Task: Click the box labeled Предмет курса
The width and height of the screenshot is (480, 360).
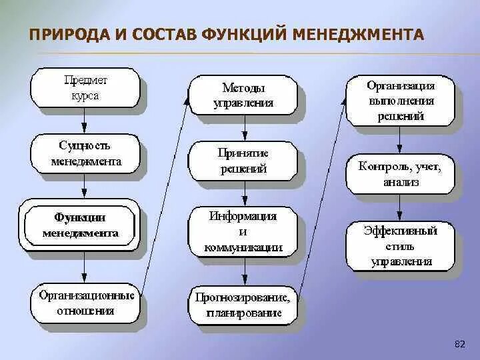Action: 85,87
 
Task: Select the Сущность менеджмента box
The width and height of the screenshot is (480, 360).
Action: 85,153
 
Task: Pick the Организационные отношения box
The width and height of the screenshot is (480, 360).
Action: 85,303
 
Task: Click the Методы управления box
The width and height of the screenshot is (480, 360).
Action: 243,96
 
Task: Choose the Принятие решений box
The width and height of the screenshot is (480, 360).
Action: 243,161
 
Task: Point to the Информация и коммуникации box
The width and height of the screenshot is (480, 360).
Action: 243,232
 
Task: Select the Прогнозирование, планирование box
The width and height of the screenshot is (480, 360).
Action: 243,305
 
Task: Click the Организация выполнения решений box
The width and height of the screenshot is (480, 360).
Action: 400,101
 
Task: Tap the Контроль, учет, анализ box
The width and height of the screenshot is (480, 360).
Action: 400,173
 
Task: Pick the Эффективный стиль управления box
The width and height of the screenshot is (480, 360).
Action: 400,245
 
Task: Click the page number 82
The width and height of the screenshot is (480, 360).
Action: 459,344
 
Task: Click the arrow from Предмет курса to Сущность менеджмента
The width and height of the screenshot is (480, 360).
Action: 85,120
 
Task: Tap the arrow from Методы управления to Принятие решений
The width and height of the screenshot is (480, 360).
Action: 245,128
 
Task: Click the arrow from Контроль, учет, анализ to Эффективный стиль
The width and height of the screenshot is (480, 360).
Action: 400,208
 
